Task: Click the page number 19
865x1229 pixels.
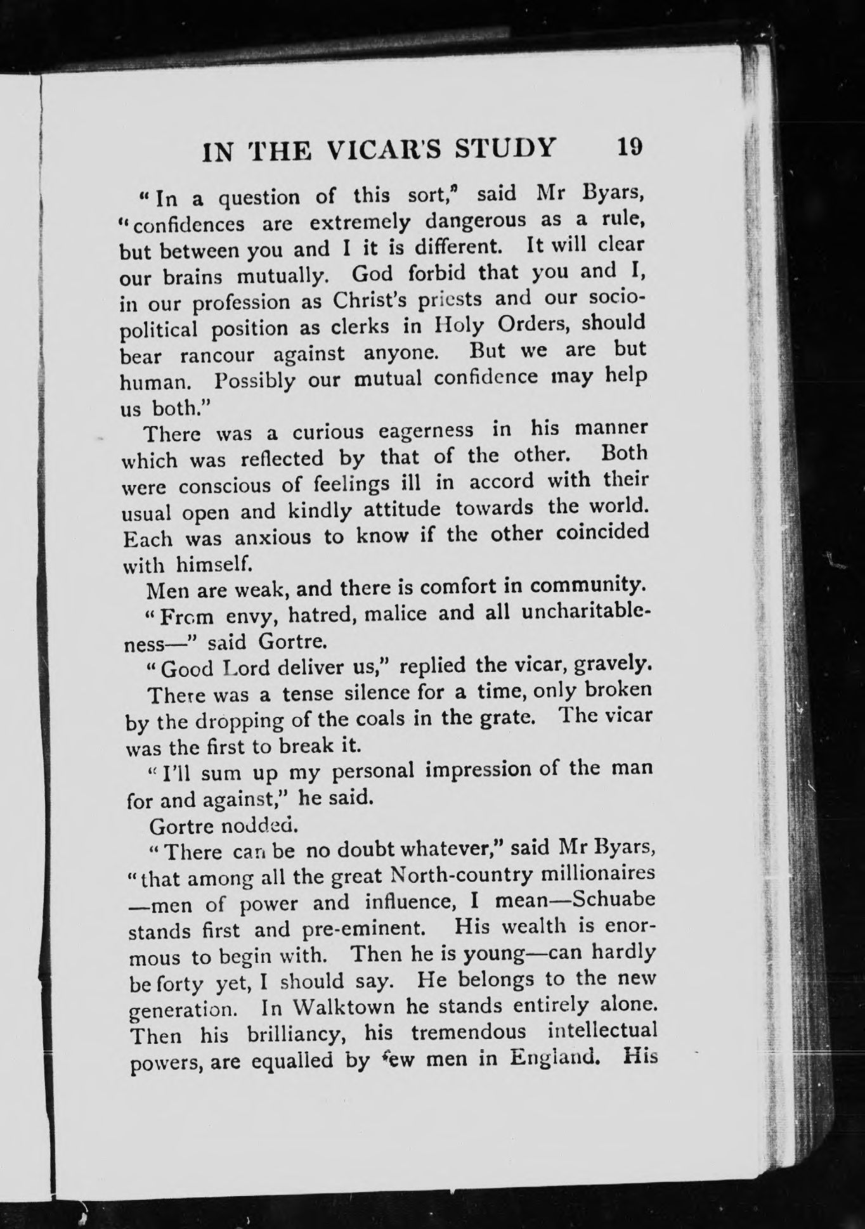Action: coord(628,148)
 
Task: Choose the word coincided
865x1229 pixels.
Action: coord(602,531)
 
